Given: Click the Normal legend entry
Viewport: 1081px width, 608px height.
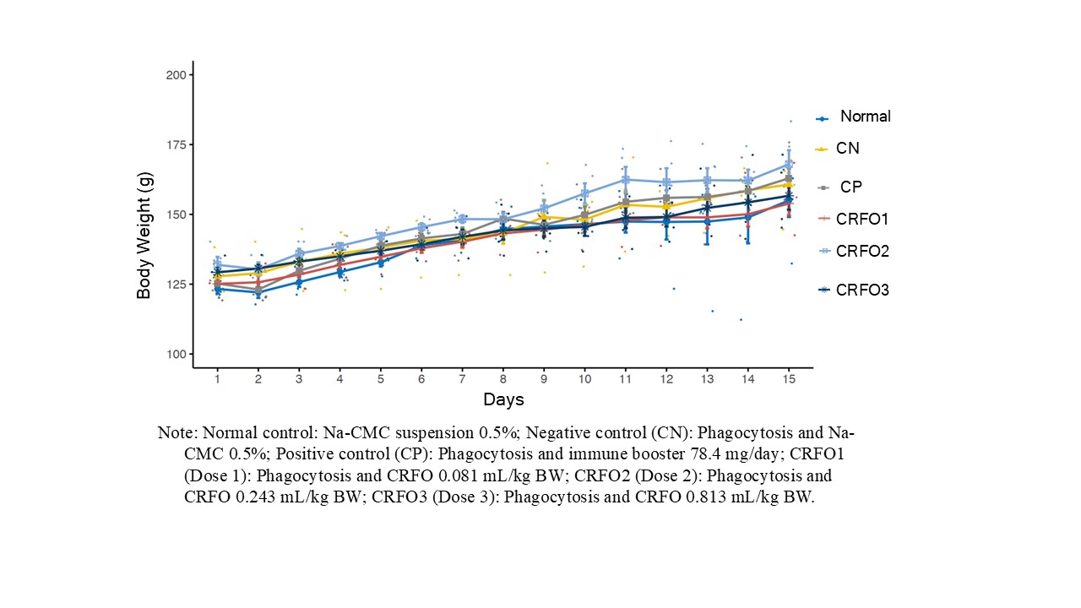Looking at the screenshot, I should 865,117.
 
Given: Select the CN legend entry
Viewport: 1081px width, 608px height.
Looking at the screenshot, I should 847,149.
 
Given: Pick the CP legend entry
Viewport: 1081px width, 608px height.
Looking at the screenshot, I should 851,187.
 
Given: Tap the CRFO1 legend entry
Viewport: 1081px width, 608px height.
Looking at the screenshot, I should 862,220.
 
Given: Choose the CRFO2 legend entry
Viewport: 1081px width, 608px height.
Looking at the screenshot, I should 862,252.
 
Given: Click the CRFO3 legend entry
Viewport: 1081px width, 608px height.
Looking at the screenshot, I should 862,290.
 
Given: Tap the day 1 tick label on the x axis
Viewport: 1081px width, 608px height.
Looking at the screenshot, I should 217,381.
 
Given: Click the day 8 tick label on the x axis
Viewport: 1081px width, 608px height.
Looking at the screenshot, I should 503,381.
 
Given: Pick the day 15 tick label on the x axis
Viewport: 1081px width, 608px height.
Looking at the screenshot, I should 789,381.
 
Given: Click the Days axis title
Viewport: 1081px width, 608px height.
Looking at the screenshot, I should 503,399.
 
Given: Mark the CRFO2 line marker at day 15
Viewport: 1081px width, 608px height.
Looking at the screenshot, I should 789,165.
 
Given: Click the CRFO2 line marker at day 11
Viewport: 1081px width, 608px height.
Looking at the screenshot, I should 626,179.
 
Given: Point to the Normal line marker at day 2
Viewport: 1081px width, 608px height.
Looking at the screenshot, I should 258,292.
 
